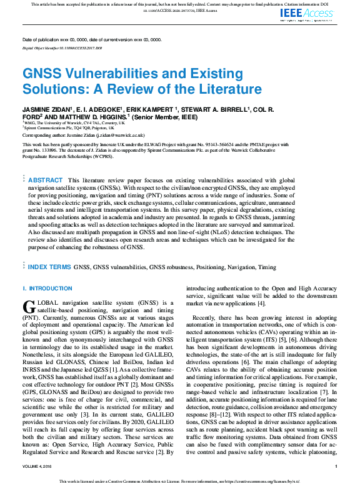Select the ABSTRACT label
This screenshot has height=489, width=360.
[x=46, y=162]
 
